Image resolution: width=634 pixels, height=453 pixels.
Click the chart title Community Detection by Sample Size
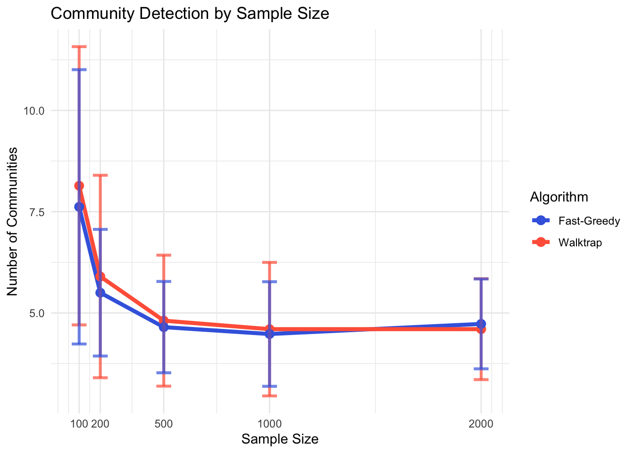click(190, 14)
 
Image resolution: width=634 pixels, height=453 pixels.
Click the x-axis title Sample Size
click(280, 439)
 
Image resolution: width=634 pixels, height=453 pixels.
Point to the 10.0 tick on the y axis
click(34, 111)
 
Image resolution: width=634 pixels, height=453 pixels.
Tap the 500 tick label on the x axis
click(164, 423)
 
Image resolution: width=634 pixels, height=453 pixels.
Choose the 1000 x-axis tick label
click(269, 423)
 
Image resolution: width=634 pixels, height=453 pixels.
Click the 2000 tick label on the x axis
click(481, 423)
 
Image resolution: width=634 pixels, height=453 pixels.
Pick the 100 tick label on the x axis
click(79, 423)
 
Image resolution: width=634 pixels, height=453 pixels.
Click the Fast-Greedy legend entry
click(589, 221)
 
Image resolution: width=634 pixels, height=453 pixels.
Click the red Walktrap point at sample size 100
click(79, 185)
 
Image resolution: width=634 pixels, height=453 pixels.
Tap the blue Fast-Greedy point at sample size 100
click(79, 207)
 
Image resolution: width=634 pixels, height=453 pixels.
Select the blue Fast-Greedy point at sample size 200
click(100, 293)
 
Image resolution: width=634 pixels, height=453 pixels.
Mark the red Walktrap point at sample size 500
click(164, 320)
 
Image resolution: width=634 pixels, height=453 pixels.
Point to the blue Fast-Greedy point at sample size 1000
click(269, 334)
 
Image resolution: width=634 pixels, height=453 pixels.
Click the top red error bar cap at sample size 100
click(79, 47)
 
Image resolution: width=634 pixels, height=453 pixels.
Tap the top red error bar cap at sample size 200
click(100, 175)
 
